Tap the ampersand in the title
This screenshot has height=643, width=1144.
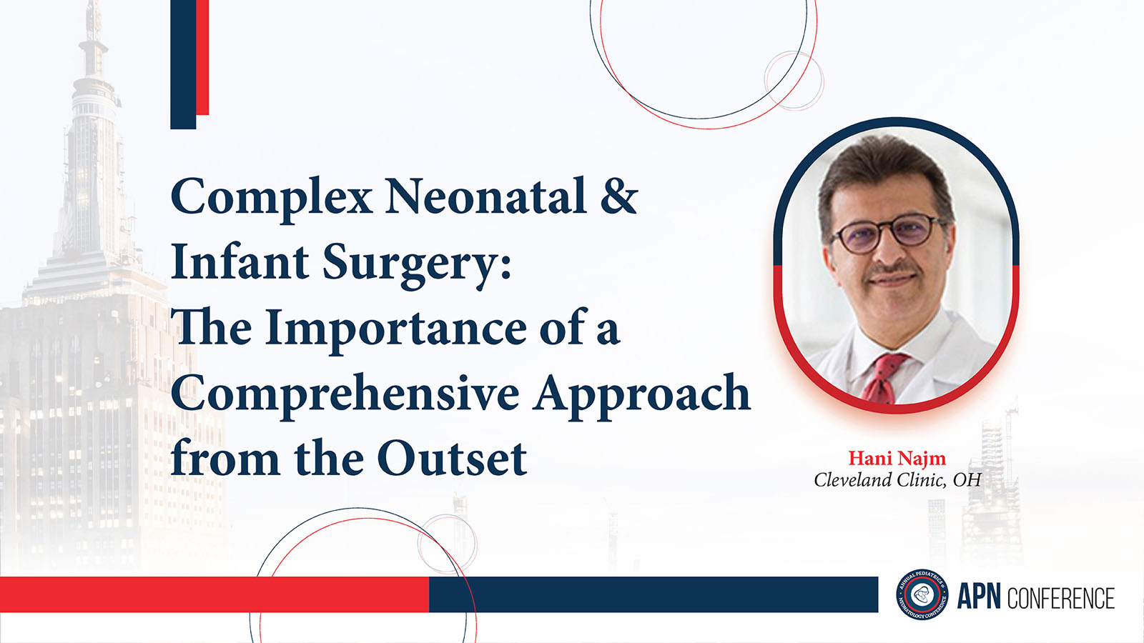619,195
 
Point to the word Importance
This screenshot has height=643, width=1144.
395,329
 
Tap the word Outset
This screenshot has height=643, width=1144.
452,458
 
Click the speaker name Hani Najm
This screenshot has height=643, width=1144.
897,458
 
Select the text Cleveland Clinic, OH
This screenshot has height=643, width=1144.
897,480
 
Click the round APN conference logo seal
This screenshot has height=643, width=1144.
922,594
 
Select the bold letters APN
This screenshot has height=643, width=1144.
979,597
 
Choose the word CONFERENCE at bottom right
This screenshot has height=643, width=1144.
1061,598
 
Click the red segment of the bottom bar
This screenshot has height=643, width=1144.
214,594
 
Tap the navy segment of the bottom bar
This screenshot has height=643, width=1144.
654,594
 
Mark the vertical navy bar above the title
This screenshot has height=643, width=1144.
183,64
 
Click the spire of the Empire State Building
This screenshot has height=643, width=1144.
94,31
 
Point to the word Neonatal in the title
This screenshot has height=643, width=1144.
485,196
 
